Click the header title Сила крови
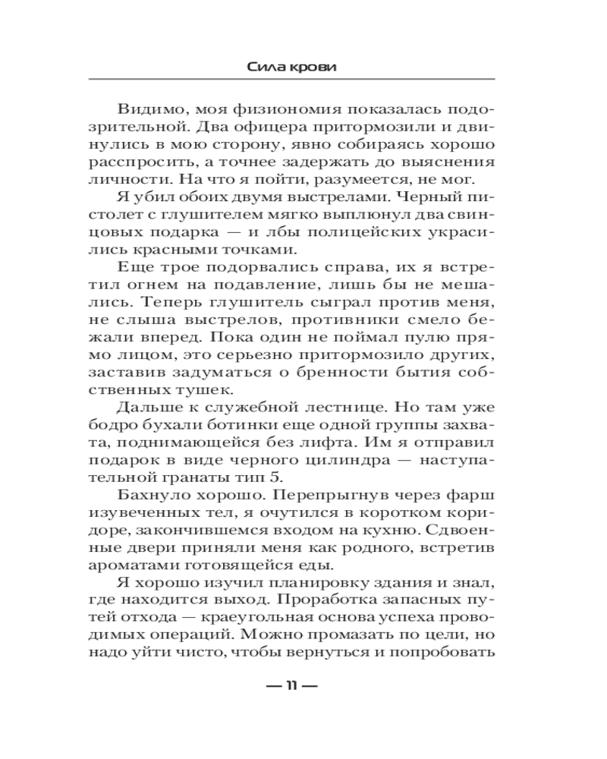coord(292,67)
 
